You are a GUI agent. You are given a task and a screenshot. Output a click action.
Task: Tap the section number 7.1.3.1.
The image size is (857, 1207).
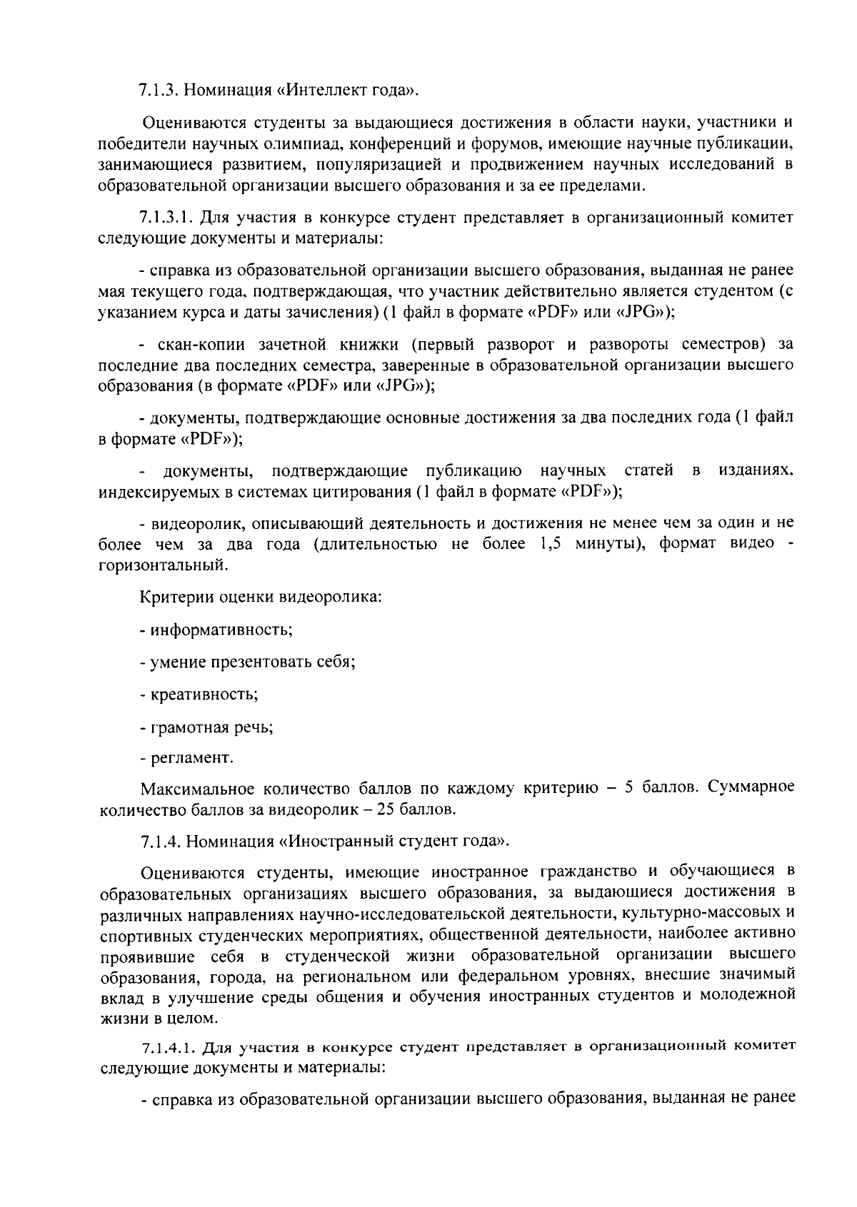coord(169,217)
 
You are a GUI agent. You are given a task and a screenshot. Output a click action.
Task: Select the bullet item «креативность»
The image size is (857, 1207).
coord(202,694)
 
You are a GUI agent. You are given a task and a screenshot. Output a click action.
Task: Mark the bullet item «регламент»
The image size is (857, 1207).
coord(190,757)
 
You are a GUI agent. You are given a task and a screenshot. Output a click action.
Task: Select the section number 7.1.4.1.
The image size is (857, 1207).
coord(169,1048)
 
